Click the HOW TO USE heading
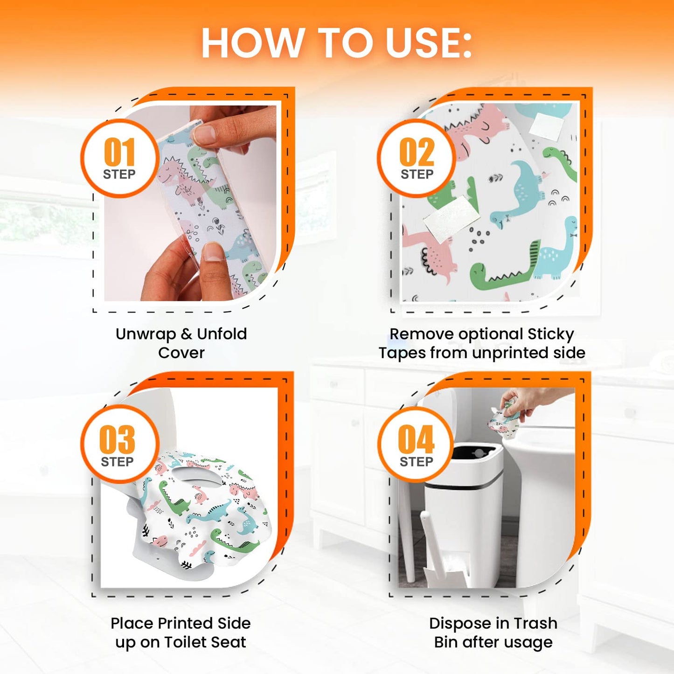[x=336, y=43]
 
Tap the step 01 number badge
[x=120, y=158]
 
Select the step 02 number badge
[x=417, y=158]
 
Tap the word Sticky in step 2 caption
[x=550, y=334]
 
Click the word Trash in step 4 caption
[x=535, y=623]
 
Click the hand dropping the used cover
[x=532, y=401]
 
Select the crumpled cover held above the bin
[x=504, y=422]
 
